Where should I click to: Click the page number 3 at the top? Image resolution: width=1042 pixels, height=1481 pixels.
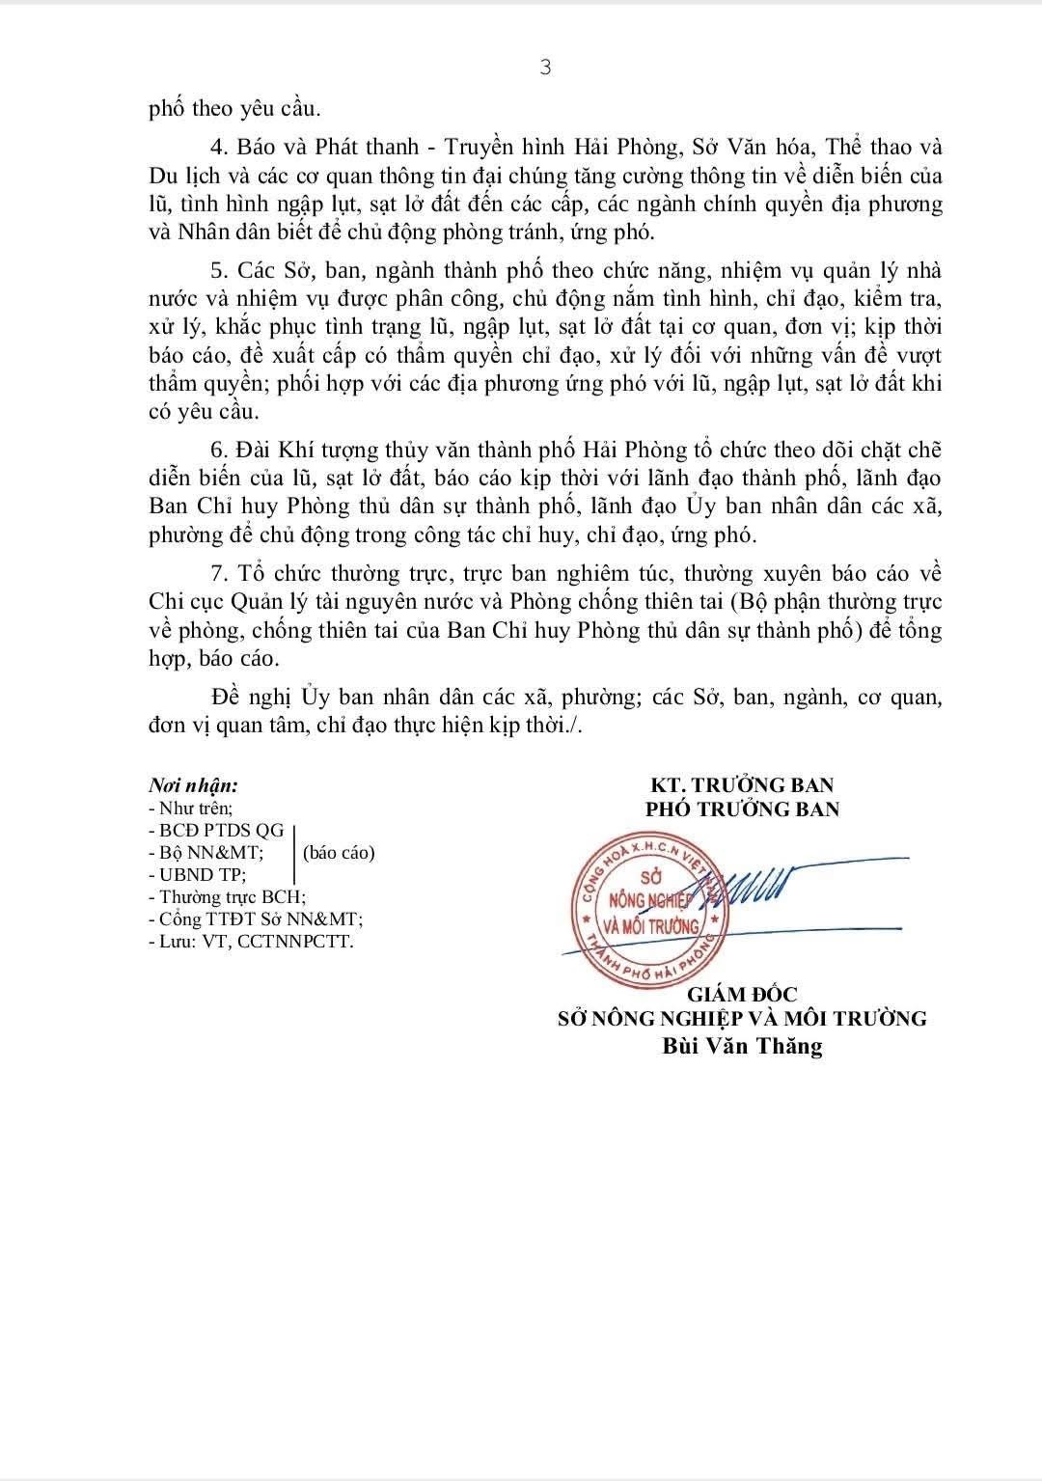(x=546, y=67)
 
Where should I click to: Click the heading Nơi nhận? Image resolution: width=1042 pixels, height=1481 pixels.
(x=193, y=786)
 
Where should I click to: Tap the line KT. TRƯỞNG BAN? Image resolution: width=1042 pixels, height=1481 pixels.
(x=742, y=785)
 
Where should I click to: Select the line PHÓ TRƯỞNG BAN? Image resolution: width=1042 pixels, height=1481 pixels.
(x=742, y=809)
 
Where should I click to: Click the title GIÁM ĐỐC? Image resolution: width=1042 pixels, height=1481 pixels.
(x=742, y=995)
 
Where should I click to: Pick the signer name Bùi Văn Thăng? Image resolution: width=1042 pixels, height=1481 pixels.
(x=742, y=1046)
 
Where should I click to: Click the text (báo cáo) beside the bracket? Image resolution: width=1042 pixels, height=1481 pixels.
(x=339, y=853)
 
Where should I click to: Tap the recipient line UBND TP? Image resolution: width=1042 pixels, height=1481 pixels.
(x=198, y=875)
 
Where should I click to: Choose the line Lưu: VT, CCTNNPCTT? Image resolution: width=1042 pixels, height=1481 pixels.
(x=251, y=942)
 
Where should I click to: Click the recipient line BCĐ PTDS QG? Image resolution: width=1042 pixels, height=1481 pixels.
(x=216, y=831)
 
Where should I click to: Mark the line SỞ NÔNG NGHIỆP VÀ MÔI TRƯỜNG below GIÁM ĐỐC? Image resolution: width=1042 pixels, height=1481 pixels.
(x=742, y=1019)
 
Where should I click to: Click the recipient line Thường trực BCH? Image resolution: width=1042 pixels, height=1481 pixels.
(x=228, y=897)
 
